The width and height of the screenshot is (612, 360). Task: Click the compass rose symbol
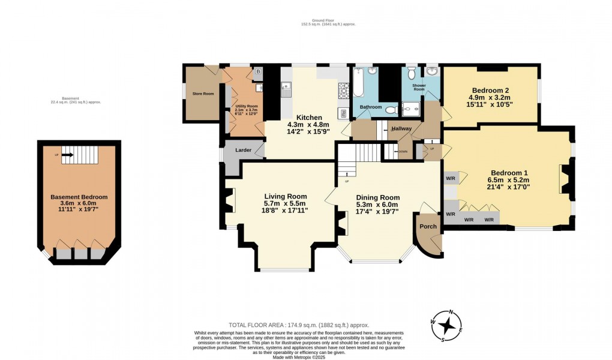pos(447,326)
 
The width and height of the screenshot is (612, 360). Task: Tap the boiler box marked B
pos(258,71)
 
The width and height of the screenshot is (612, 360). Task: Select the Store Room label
pos(203,94)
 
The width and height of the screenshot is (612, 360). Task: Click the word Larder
pos(243,150)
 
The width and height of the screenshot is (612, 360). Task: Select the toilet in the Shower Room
pos(411,73)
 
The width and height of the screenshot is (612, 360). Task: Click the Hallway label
pos(401,129)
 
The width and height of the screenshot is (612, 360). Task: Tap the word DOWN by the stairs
pos(403,152)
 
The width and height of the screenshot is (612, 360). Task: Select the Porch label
pos(428,226)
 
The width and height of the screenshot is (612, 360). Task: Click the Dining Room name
pos(377,197)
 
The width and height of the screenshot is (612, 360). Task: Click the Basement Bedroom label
pos(79,197)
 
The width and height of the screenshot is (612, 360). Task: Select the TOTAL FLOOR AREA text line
pos(299,325)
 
